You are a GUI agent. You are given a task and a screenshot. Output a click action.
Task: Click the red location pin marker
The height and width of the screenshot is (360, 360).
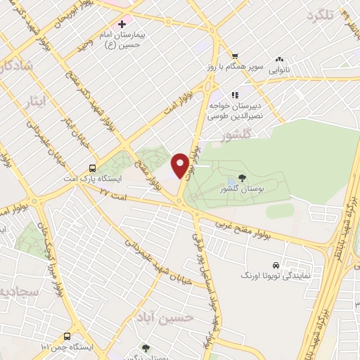pyautogui.click(x=180, y=165)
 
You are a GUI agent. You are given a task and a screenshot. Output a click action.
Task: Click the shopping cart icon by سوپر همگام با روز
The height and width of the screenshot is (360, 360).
pyautogui.click(x=235, y=56)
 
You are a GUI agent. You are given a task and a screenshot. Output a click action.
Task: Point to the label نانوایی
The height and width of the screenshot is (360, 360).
pyautogui.click(x=280, y=70)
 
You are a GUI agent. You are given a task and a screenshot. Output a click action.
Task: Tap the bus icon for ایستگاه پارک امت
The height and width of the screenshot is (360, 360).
pyautogui.click(x=92, y=168)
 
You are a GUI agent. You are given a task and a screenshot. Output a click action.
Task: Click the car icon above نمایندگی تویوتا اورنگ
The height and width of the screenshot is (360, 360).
pyautogui.click(x=276, y=265)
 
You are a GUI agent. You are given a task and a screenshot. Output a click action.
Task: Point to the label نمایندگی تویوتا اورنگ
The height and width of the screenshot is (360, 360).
pyautogui.click(x=286, y=276)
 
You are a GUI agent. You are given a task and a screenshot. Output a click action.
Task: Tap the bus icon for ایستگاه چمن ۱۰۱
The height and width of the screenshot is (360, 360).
pyautogui.click(x=67, y=336)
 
